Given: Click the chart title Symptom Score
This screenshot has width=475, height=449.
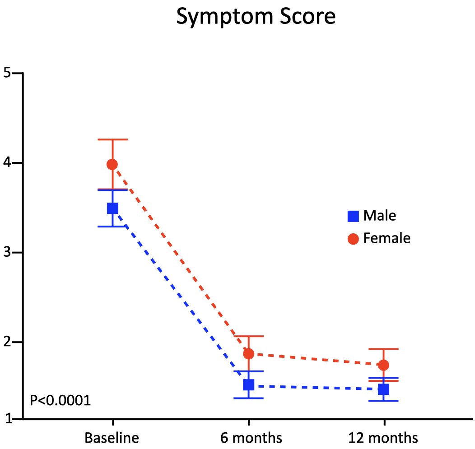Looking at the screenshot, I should click(x=256, y=17).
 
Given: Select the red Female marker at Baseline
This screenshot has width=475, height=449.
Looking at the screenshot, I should click(x=112, y=164).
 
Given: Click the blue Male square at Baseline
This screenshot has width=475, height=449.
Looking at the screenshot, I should click(x=112, y=208).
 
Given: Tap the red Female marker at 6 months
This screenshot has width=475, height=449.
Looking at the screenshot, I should click(x=248, y=353).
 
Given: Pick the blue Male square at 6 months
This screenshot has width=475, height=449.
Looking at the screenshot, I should click(x=248, y=384).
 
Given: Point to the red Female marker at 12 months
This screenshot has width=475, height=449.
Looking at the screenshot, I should click(x=384, y=365).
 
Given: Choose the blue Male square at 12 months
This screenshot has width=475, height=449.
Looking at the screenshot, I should click(x=384, y=389).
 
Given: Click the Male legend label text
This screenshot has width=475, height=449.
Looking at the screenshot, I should click(x=379, y=216).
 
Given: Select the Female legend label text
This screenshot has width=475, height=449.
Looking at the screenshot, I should click(x=387, y=238).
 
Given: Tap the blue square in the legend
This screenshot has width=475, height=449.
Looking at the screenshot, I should click(x=353, y=216).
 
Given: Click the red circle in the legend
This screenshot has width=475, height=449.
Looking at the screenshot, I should click(x=353, y=239).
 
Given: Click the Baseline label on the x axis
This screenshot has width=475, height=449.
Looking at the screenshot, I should click(x=112, y=438).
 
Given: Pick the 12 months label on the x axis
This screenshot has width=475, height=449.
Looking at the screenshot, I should click(x=383, y=438).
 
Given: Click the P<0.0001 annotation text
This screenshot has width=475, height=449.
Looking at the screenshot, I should click(x=60, y=400).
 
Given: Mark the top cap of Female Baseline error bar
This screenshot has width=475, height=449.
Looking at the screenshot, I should click(x=112, y=139).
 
